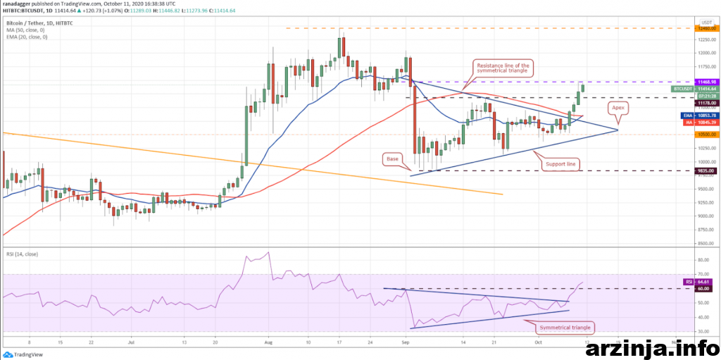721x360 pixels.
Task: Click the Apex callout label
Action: (x=617, y=108)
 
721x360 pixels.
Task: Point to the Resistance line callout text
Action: (x=503, y=69)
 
